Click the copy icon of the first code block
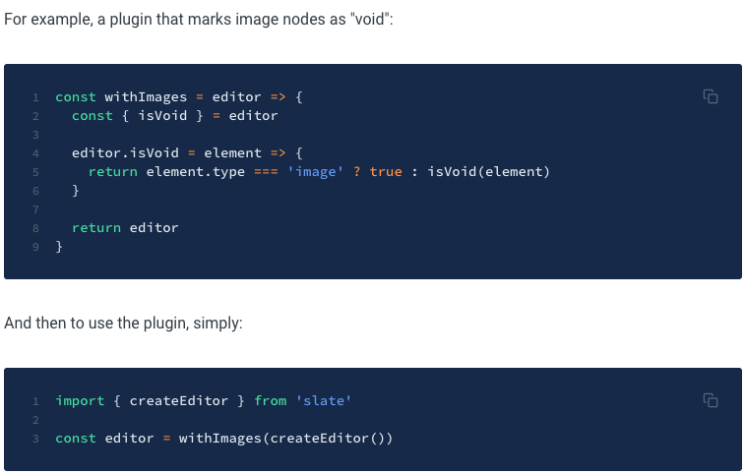pyautogui.click(x=710, y=96)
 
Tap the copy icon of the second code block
pyautogui.click(x=710, y=400)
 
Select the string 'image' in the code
pyautogui.click(x=314, y=172)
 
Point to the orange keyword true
pyautogui.click(x=386, y=172)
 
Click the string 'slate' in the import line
pyautogui.click(x=324, y=401)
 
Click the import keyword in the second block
pyautogui.click(x=80, y=401)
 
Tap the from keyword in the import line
pyautogui.click(x=271, y=401)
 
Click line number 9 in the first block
pyautogui.click(x=35, y=247)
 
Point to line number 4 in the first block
pyautogui.click(x=35, y=153)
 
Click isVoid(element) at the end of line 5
pyautogui.click(x=489, y=172)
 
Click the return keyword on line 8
pyautogui.click(x=95, y=228)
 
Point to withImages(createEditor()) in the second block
pyautogui.click(x=285, y=439)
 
